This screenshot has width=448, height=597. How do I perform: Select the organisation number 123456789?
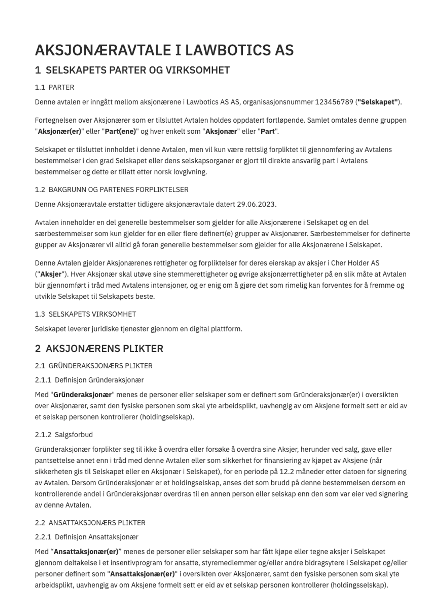click(x=334, y=102)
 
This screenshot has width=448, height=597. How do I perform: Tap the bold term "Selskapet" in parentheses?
click(x=378, y=102)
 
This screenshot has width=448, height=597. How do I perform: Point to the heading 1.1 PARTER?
click(x=54, y=87)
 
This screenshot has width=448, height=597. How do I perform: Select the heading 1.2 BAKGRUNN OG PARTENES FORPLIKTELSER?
click(x=112, y=190)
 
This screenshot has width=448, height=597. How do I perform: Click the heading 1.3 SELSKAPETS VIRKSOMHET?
click(x=85, y=314)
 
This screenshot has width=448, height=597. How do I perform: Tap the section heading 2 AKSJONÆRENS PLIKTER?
click(x=99, y=349)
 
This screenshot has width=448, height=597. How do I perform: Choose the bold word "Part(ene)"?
click(x=120, y=131)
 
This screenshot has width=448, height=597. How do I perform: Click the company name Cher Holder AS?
click(x=355, y=263)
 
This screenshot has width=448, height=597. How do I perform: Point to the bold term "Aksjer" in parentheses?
click(x=51, y=274)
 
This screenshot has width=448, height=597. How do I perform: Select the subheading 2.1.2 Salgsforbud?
click(x=64, y=435)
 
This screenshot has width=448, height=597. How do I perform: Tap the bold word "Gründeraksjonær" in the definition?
click(x=82, y=395)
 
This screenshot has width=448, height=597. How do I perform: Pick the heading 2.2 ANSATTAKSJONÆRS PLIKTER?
click(x=90, y=523)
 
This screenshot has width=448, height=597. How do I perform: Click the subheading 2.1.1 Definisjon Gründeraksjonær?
click(x=89, y=380)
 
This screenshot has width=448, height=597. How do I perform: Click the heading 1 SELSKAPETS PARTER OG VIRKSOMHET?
click(x=132, y=70)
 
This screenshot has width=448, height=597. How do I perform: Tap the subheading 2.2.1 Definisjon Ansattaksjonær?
click(x=87, y=537)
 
